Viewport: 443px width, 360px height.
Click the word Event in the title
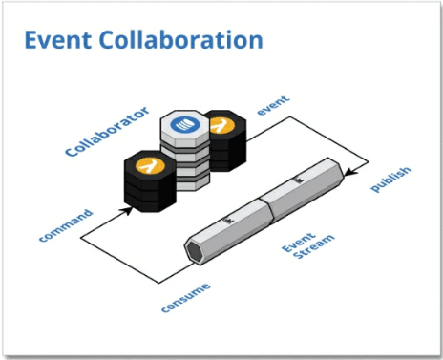[58, 40]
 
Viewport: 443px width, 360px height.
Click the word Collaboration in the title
[181, 40]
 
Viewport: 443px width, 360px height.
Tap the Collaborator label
[107, 131]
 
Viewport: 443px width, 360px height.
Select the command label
[66, 225]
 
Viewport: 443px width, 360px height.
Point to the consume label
[186, 298]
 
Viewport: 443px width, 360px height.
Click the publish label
[391, 180]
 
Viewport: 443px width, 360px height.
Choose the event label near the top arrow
[273, 105]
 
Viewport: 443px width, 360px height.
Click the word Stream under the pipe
[314, 247]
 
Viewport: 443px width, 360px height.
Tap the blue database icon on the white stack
[185, 124]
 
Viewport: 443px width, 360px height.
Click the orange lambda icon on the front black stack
[150, 165]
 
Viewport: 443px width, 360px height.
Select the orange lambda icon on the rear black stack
[222, 125]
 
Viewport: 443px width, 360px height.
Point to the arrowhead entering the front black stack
[128, 211]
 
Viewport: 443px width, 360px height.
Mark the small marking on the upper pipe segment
[299, 180]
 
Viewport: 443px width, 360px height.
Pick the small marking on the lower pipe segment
[229, 220]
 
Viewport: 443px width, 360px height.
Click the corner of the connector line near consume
[159, 283]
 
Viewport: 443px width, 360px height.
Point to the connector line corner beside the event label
[289, 116]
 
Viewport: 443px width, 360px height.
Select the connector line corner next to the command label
[80, 238]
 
